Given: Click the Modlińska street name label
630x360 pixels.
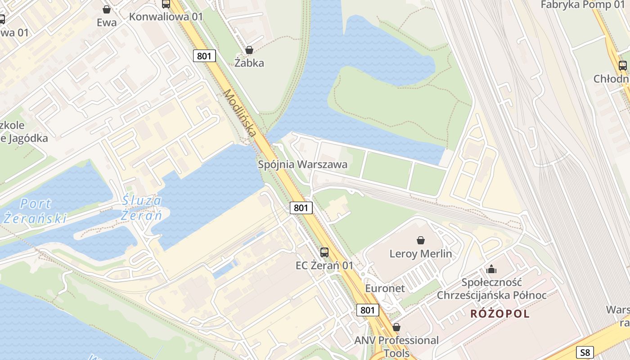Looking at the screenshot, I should (x=240, y=113).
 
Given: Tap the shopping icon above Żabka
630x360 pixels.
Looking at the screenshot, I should (x=249, y=50).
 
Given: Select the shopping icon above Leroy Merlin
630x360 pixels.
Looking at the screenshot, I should (x=421, y=240).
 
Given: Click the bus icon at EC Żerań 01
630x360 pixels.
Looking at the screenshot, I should (x=324, y=252).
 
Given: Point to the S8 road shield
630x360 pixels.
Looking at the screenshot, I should (x=585, y=352).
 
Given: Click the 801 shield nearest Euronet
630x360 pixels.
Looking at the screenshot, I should (x=368, y=310).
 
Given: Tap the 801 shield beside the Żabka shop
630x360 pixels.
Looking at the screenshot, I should (x=205, y=56).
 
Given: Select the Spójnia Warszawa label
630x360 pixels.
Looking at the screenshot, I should (x=302, y=165).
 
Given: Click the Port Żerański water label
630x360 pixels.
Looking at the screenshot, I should (x=35, y=211).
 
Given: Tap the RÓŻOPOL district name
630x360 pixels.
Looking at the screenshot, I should (x=500, y=314).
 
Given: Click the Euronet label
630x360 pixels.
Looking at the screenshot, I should (x=385, y=288).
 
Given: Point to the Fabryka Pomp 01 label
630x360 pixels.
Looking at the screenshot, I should (x=582, y=5).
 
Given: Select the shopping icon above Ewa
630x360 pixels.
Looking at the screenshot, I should (x=107, y=9).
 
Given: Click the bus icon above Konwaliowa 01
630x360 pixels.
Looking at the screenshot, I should (x=166, y=4).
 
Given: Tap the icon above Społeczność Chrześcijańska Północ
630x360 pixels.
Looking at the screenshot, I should (x=491, y=269).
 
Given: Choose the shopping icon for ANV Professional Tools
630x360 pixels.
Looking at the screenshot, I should (x=396, y=327).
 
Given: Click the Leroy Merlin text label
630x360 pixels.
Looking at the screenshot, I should (x=420, y=254).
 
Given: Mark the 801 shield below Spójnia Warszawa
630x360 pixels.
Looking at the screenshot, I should (x=301, y=207).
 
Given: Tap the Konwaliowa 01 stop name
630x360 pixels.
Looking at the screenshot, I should (x=166, y=17).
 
